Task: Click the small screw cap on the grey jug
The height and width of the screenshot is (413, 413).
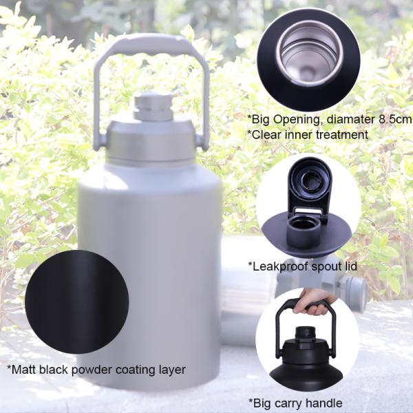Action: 153,106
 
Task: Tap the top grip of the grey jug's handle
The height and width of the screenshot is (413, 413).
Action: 152,44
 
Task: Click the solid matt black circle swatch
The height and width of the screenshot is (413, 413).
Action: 77,302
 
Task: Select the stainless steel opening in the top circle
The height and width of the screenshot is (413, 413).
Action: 310,53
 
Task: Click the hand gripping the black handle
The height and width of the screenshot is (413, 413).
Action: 313,302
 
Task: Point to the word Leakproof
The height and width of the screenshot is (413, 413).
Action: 280,266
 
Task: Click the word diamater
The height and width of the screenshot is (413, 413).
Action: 350,119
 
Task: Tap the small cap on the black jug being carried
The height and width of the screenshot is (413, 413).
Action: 305,333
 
